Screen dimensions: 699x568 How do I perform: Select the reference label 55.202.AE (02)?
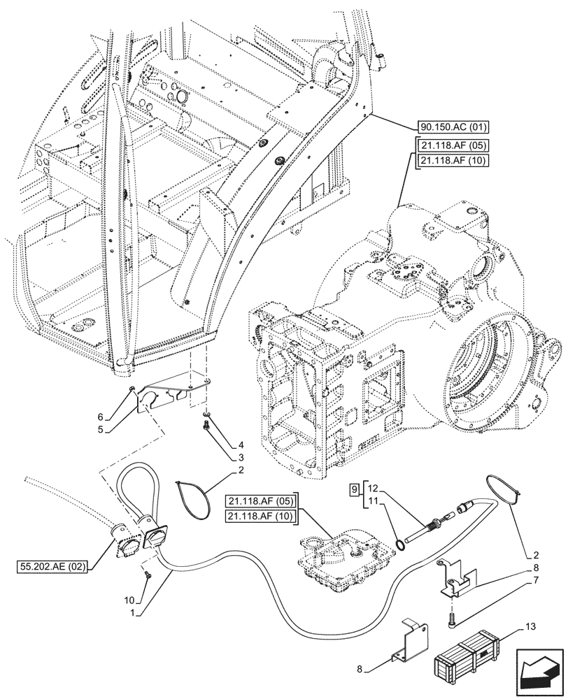tap(53, 566)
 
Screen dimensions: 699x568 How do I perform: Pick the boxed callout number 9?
tap(354, 487)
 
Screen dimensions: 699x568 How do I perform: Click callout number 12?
tap(372, 487)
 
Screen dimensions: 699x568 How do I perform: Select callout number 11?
tap(372, 502)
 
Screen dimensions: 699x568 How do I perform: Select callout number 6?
tap(102, 417)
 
